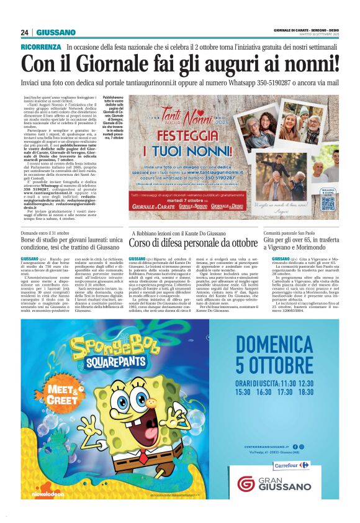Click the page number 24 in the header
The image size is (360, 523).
pyautogui.click(x=25, y=32)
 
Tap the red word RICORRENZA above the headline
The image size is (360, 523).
pyautogui.click(x=41, y=47)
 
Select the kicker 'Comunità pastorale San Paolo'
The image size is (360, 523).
pyautogui.click(x=298, y=232)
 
